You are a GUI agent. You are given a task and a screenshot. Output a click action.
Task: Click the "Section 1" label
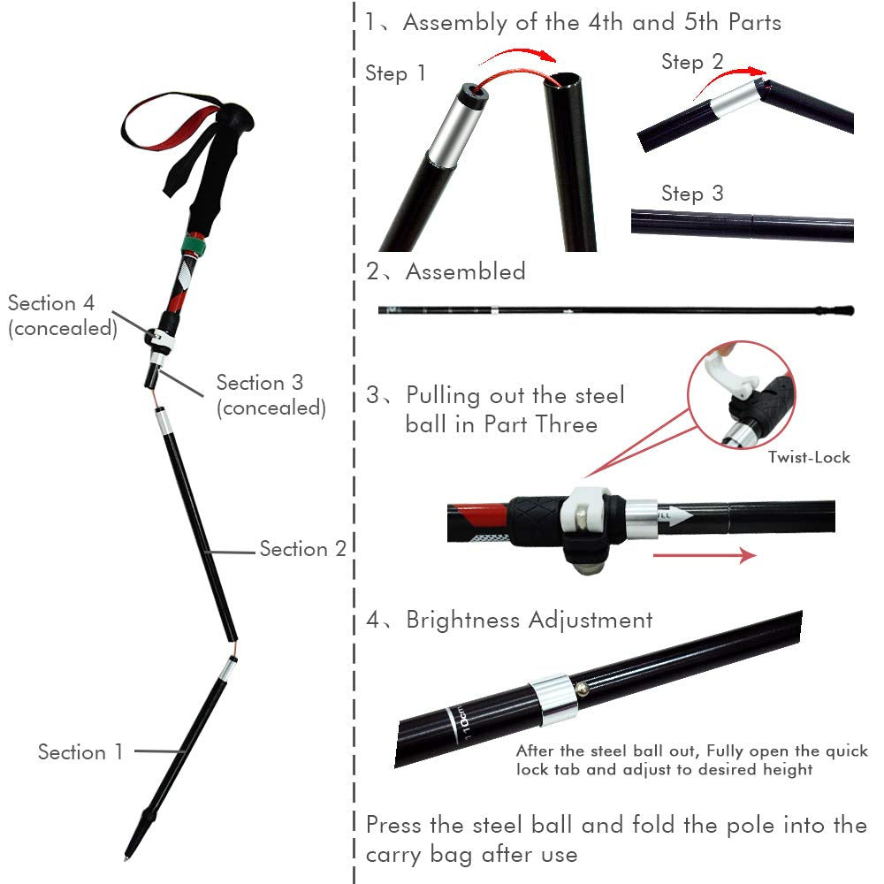[x=80, y=752]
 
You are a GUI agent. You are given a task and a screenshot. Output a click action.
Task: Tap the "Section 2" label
[x=302, y=549]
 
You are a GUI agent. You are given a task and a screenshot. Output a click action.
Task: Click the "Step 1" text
[x=395, y=73]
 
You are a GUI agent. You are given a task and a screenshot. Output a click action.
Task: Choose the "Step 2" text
[x=692, y=62]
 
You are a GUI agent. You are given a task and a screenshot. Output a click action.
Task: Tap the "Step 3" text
[x=692, y=194]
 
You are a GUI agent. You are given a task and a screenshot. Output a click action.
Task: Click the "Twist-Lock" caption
[x=809, y=457]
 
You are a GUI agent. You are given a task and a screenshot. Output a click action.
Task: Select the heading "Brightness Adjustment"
[x=529, y=620]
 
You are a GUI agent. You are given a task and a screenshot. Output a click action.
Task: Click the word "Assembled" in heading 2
[x=465, y=271]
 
